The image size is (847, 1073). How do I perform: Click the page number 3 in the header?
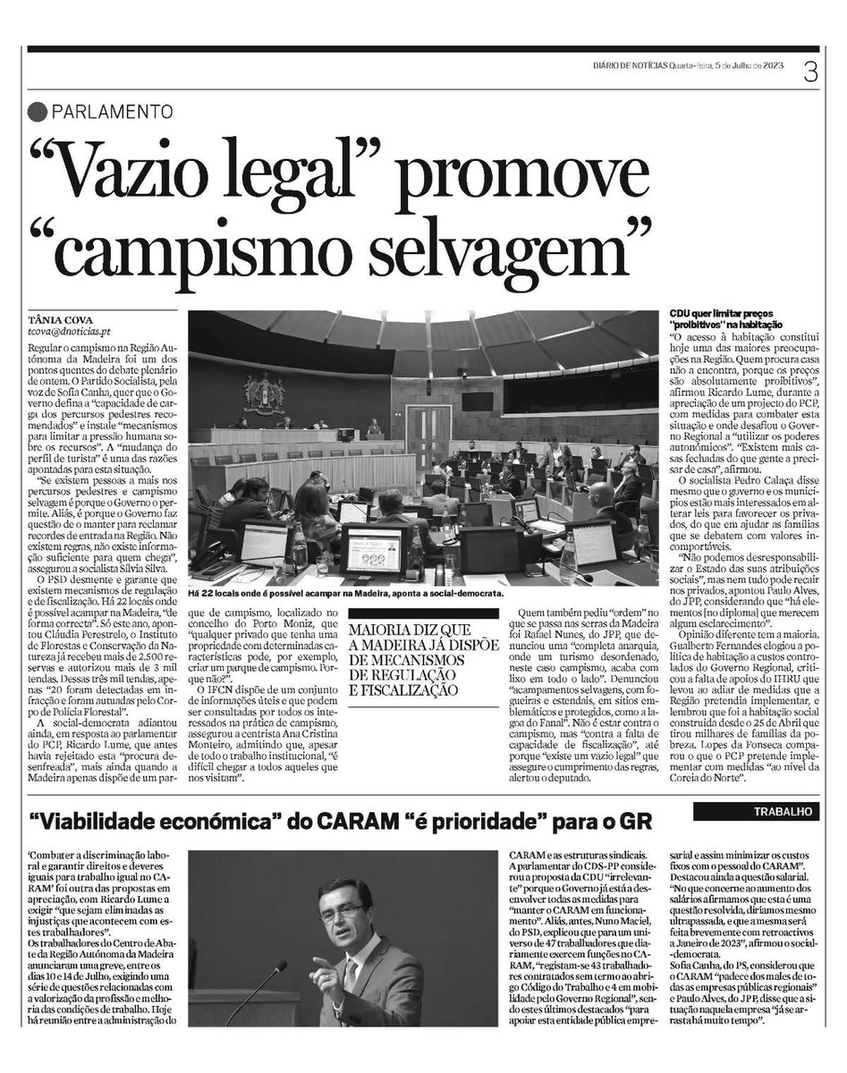[x=810, y=72]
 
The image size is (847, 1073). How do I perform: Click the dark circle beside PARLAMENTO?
[x=37, y=112]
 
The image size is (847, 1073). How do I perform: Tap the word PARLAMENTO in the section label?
[x=112, y=112]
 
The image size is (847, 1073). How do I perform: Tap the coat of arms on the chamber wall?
[x=266, y=393]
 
